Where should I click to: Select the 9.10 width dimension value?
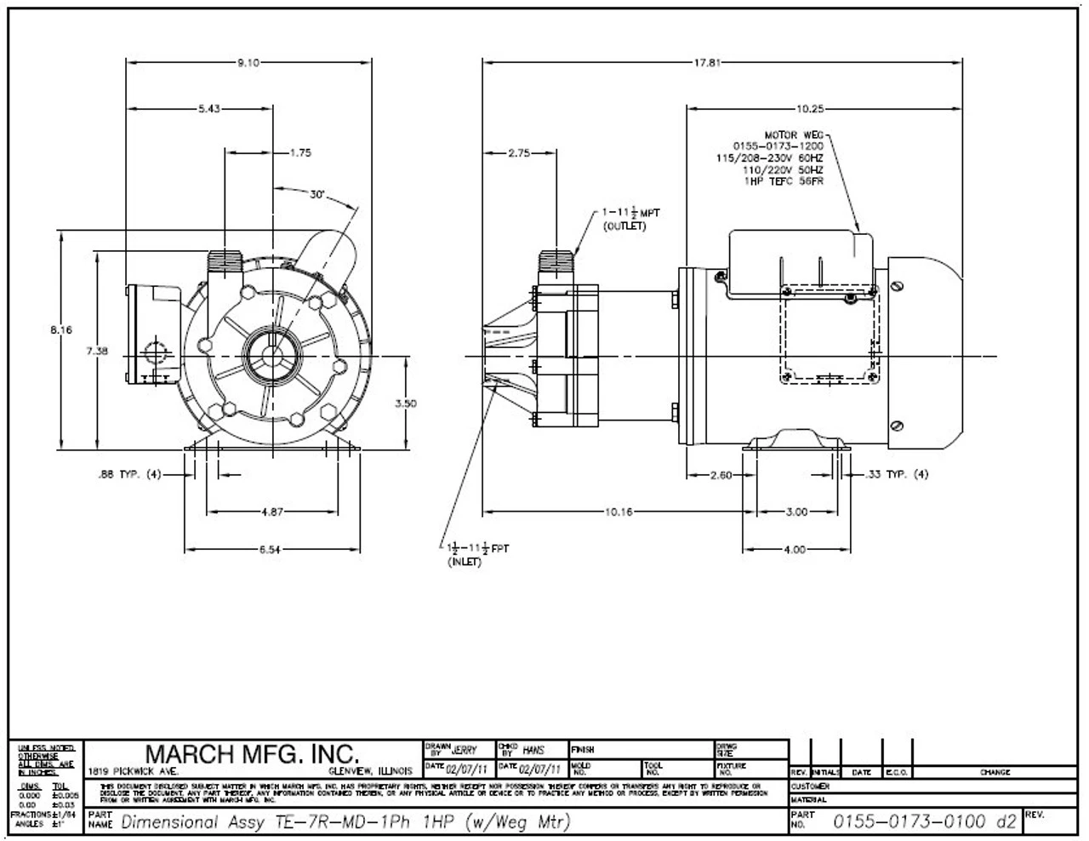point(249,62)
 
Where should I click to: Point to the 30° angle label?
point(318,194)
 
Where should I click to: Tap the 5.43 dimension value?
point(208,108)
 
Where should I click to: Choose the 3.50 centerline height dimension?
point(406,403)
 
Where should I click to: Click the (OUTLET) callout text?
point(624,227)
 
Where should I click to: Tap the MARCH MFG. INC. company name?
point(253,753)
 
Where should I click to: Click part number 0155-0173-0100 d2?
point(925,821)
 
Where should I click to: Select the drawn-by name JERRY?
point(465,750)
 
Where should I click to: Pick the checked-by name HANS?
point(534,750)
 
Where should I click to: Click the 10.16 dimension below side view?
point(619,512)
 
